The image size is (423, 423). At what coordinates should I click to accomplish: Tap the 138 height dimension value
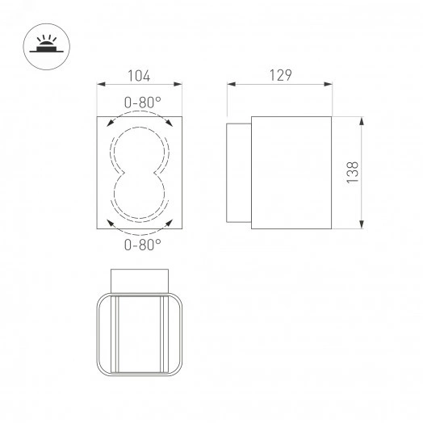[x=352, y=173]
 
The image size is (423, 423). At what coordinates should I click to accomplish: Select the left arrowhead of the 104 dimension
[x=100, y=84]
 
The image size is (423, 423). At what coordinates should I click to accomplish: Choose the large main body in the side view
[x=291, y=173]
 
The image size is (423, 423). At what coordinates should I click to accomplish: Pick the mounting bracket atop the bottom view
[x=140, y=279]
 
